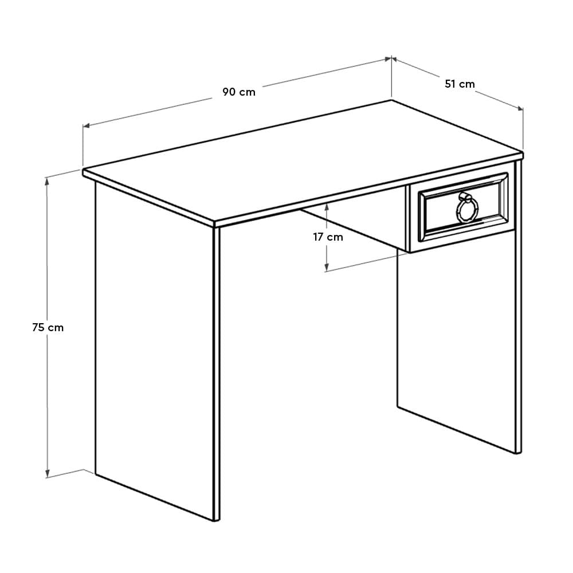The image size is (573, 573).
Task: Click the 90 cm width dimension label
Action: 239,92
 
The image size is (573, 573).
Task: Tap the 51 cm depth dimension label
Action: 460,84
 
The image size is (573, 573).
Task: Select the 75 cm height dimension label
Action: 48,328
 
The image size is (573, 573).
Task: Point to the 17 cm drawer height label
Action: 328,237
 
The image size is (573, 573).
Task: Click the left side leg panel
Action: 155,355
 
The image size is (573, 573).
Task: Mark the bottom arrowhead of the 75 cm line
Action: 48,476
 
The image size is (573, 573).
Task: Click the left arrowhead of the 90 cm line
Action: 85,126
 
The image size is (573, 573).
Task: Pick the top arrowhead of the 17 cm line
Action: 327,203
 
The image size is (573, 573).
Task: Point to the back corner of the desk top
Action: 392,100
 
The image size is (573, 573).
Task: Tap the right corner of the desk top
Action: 523,154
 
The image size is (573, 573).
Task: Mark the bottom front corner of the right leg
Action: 519,453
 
